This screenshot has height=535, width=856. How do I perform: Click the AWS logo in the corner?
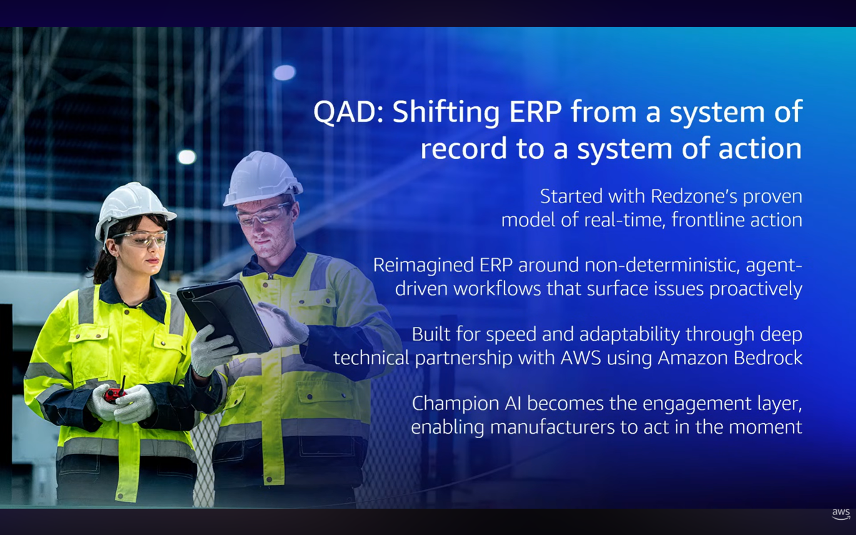tap(841, 514)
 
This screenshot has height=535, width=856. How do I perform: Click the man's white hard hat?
tap(261, 178)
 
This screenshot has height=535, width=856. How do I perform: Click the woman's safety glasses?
tap(140, 239)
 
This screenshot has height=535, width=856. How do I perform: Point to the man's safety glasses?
tap(264, 214)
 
